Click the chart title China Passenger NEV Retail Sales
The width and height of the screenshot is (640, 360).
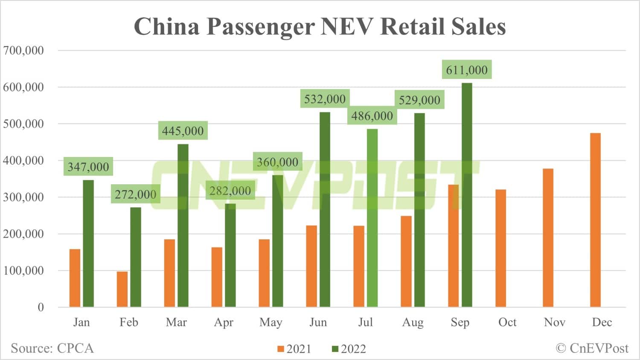(320, 26)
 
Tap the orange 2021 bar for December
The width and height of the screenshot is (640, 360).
(595, 220)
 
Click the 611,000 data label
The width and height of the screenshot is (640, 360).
(467, 70)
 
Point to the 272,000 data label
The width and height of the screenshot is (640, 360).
(136, 195)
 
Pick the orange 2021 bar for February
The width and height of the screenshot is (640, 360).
(122, 289)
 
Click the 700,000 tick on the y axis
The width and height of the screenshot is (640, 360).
(23, 50)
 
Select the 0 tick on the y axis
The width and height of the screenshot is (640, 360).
(41, 307)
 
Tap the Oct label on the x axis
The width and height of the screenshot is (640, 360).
(507, 322)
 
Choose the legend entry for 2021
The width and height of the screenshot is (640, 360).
(294, 349)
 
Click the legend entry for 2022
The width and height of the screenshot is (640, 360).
(349, 349)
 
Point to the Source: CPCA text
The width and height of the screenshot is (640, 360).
(52, 348)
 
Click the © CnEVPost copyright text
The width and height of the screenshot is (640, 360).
(592, 348)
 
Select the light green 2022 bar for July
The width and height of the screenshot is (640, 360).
(372, 218)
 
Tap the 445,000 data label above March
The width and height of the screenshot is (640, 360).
(183, 131)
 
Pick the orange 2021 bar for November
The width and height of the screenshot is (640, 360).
(548, 238)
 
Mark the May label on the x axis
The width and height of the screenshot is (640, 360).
(271, 322)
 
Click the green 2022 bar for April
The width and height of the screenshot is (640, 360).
(230, 255)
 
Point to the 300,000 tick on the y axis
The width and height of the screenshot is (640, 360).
(23, 197)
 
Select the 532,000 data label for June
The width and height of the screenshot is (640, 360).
(325, 99)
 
